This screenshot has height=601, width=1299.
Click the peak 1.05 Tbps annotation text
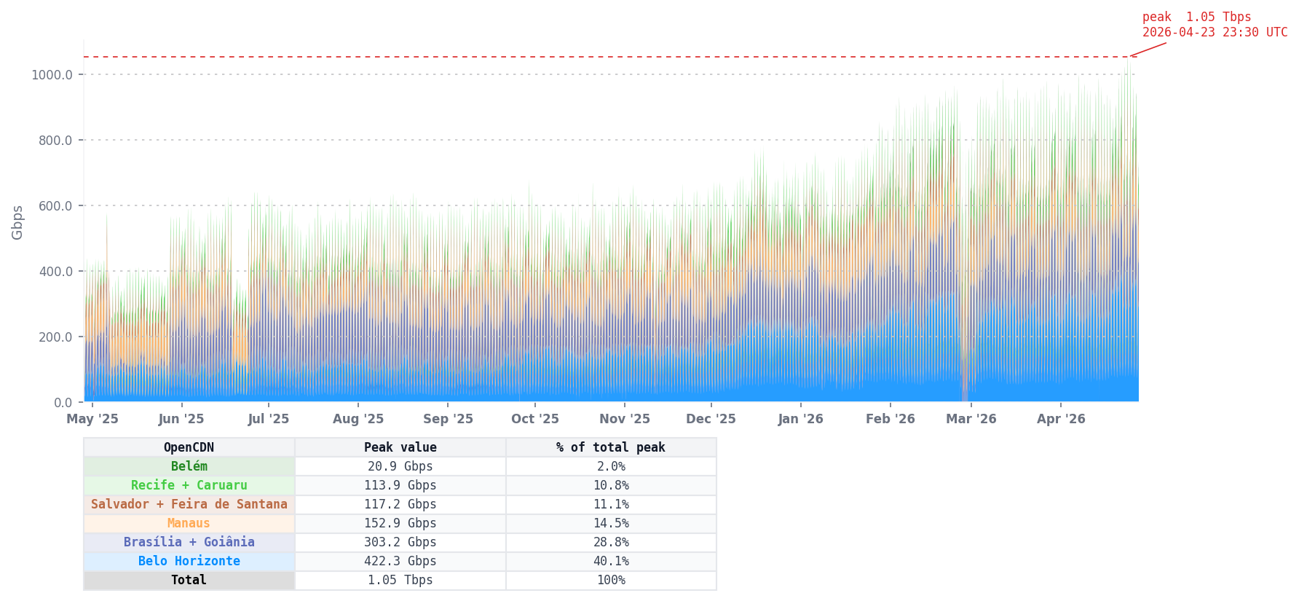[x=1214, y=25]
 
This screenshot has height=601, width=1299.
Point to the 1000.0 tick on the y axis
[x=52, y=74]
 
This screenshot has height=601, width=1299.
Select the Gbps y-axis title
[x=17, y=222]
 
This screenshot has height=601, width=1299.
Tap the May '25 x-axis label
[x=92, y=419]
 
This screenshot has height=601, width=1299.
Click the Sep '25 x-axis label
[x=448, y=419]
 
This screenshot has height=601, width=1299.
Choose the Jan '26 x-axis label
[x=800, y=419]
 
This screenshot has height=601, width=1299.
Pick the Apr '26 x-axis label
[x=1061, y=419]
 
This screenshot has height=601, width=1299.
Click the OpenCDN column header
[x=189, y=447]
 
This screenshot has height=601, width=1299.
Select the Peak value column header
[x=400, y=447]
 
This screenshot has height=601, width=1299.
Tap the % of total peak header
[x=610, y=447]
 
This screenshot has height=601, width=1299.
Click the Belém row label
[x=189, y=466]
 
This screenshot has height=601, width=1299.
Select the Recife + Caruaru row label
[x=189, y=485]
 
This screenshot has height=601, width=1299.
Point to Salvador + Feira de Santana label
[x=189, y=504]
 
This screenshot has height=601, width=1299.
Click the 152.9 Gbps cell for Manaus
[x=400, y=523]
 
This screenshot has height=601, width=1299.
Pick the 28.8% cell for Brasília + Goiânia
[x=610, y=542]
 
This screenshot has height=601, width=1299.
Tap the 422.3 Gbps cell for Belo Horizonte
[x=400, y=561]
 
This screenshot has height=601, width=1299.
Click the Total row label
[x=189, y=580]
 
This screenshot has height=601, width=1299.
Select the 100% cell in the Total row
[x=610, y=580]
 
